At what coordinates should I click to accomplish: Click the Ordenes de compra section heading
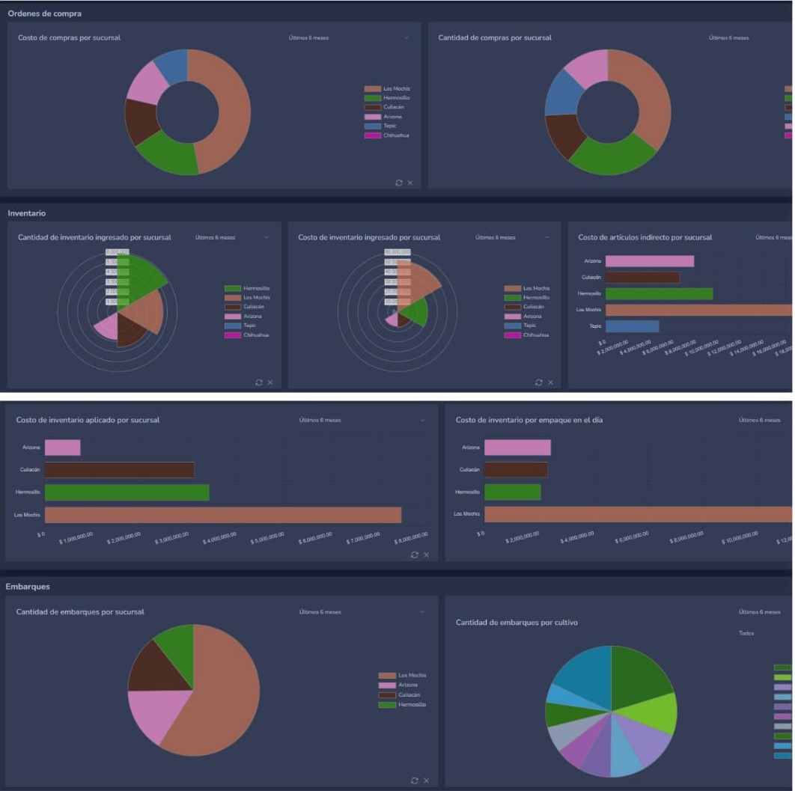coord(45,13)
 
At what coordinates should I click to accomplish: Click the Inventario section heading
coord(27,213)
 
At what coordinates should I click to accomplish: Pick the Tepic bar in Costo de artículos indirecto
coord(632,326)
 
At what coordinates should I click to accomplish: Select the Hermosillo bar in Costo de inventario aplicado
coord(127,492)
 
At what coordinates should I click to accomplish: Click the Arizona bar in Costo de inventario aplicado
coord(62,448)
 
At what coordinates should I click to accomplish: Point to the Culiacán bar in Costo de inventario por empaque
coord(515,469)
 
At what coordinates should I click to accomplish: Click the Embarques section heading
coord(28,587)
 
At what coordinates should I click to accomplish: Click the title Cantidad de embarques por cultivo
coord(517,622)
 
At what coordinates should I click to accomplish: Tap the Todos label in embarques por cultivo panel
coord(746,633)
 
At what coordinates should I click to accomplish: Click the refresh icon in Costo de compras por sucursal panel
coord(399,183)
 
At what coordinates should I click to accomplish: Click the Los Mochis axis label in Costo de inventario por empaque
coord(466,514)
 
